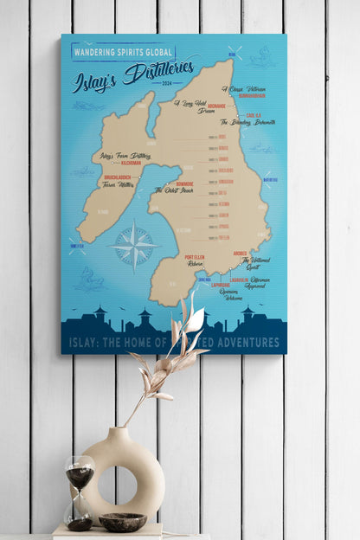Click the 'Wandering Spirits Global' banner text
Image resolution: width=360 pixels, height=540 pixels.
pos(119,52)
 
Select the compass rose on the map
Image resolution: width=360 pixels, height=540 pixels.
pos(134,246)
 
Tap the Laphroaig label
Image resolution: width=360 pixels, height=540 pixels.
pos(220,285)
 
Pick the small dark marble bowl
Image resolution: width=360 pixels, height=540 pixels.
pos(122,522)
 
